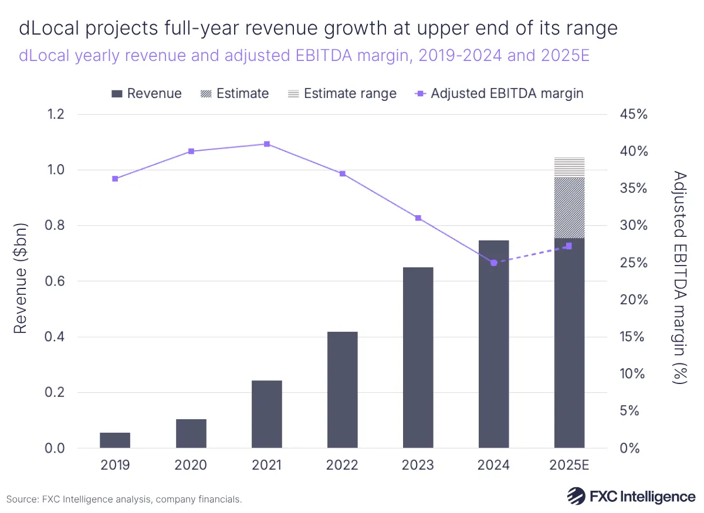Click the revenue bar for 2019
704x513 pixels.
click(x=115, y=440)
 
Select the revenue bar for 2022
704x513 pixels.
click(x=343, y=390)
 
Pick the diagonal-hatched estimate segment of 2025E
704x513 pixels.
click(x=569, y=208)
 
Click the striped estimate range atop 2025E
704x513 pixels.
click(x=569, y=167)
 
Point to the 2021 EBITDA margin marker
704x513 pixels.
click(x=267, y=144)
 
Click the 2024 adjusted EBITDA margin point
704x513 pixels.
click(x=493, y=263)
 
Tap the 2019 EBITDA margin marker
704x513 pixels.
click(x=115, y=179)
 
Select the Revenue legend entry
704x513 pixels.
click(x=147, y=94)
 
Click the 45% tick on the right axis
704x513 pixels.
click(x=634, y=114)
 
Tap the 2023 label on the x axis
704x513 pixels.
click(x=418, y=466)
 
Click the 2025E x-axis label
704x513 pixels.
click(x=569, y=466)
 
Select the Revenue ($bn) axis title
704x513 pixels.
click(x=21, y=278)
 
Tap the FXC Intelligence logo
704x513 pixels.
click(x=631, y=496)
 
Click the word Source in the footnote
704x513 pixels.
click(x=22, y=500)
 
